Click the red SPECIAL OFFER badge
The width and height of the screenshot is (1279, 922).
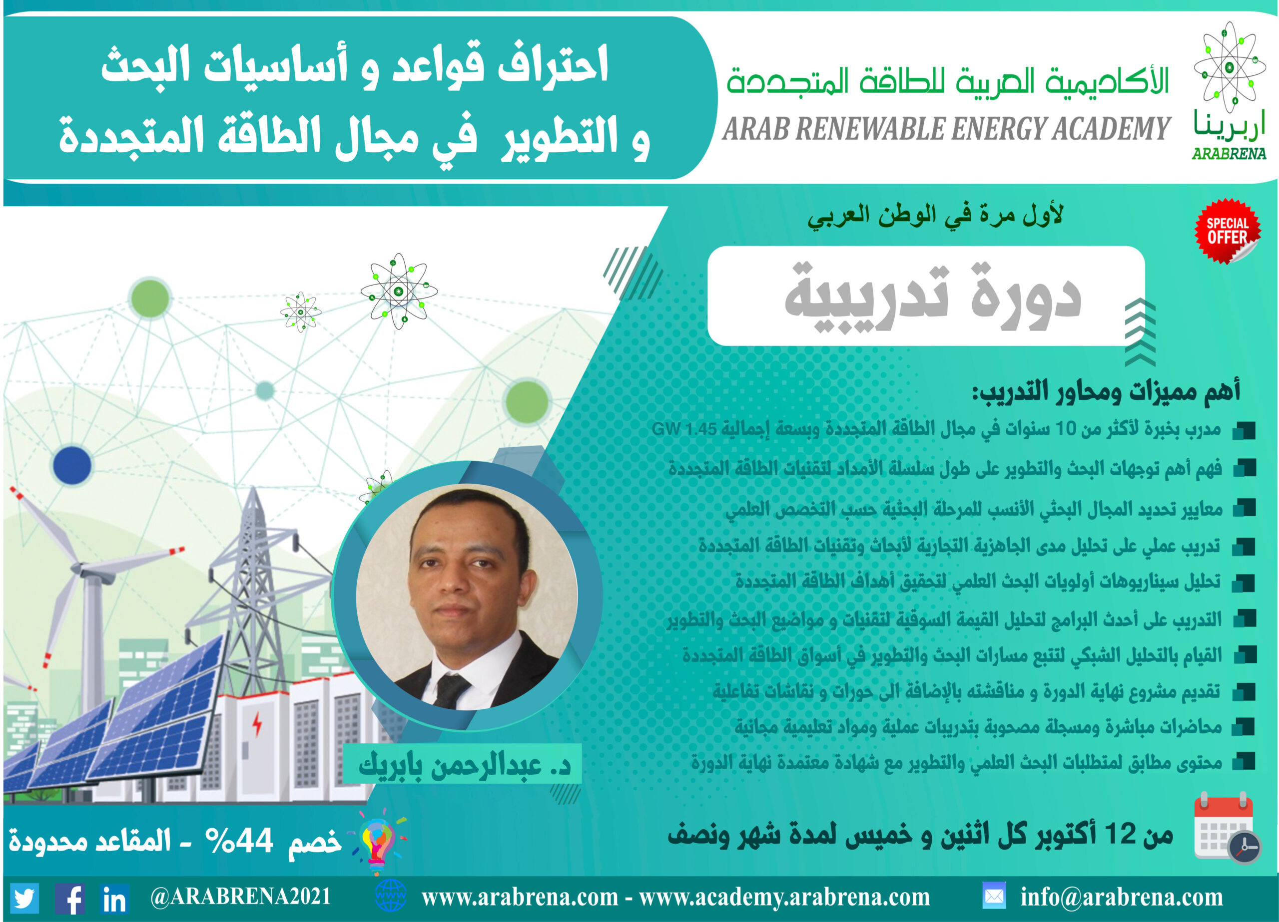tap(1227, 231)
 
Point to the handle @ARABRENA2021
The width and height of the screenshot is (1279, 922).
tap(240, 897)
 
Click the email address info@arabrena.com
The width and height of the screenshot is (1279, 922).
tap(1122, 897)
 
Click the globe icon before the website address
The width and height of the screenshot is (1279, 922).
tap(390, 896)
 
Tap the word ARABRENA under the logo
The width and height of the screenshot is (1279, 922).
tap(1229, 153)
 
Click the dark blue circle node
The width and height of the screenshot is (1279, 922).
tap(72, 466)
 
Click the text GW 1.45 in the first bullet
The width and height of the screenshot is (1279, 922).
tap(684, 429)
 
